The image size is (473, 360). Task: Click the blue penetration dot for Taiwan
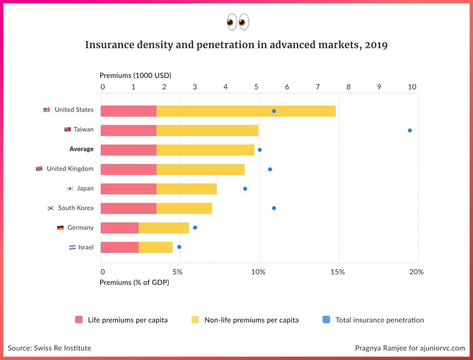coord(409,130)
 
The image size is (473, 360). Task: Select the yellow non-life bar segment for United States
coord(246,111)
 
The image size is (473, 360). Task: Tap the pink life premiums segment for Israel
coord(120,247)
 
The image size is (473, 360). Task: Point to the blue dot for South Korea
coord(274,208)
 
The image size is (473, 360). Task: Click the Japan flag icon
coord(70,188)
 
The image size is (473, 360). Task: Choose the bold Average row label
coord(81,149)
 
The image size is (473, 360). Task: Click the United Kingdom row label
coord(70,169)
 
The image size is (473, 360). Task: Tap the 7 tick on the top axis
coord(317,87)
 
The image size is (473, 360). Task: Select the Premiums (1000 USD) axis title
coord(135,75)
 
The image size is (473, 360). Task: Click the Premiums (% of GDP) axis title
coord(134,283)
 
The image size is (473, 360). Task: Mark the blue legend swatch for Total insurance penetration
coord(326,320)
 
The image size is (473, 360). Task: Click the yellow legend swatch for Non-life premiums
coord(195,320)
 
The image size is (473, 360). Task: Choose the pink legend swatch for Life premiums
coord(79,320)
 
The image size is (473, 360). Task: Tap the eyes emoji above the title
coord(238,22)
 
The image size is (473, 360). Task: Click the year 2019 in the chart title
coord(376,45)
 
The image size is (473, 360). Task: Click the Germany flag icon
coord(60,228)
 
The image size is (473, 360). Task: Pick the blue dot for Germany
coord(195,228)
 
